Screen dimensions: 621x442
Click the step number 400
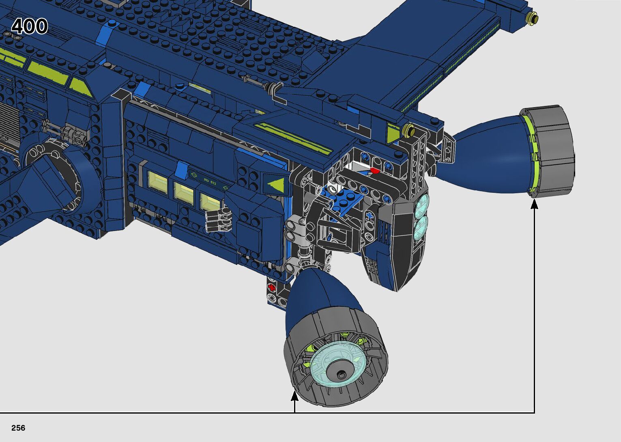tap(29, 26)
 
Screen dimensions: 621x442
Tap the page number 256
tap(18, 428)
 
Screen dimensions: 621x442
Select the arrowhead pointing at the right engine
tap(534, 204)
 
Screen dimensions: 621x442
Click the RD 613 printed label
tap(210, 181)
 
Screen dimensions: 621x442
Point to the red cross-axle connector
tap(272, 287)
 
